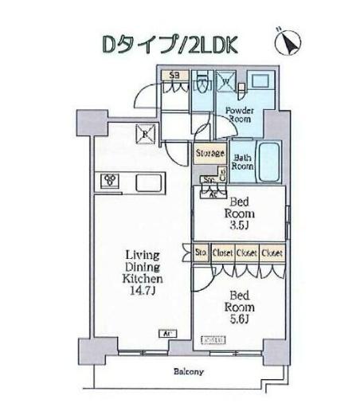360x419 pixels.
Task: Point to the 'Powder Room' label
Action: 239,113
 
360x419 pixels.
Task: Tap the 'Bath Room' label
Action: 242,163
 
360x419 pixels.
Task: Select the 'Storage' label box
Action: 209,151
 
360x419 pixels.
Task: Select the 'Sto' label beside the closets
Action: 202,253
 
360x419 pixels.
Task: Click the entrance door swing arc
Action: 143,97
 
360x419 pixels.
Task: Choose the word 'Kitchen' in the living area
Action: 143,280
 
